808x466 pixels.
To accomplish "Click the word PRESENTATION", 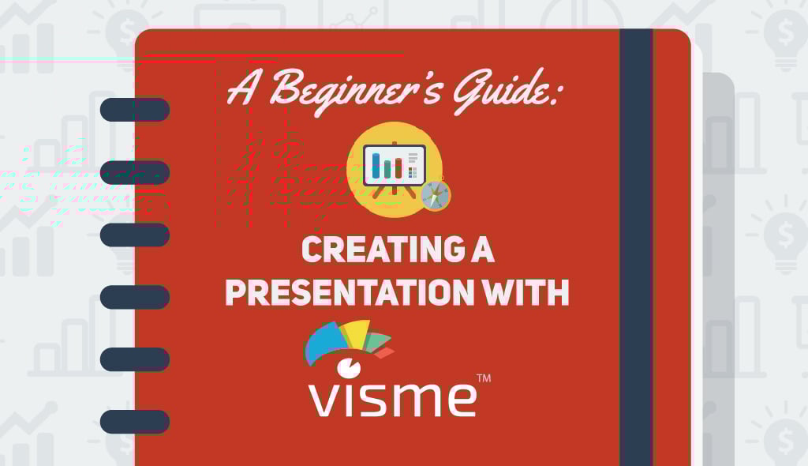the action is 348,292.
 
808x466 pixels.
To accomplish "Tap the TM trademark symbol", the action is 484,378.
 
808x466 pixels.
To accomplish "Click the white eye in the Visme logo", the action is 349,367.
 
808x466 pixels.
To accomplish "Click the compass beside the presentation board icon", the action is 436,196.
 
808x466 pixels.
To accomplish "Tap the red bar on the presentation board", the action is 398,168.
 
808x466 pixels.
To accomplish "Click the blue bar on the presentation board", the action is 376,163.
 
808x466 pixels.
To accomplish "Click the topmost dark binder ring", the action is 135,110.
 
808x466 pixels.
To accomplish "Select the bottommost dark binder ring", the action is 135,422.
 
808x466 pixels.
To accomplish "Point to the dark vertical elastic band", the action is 637,248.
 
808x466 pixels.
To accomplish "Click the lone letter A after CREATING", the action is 483,250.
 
